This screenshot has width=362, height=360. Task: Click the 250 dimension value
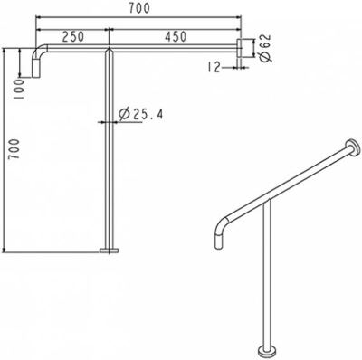point(74,36)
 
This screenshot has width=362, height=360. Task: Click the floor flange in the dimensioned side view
point(109,251)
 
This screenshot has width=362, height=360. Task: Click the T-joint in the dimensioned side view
point(109,51)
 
